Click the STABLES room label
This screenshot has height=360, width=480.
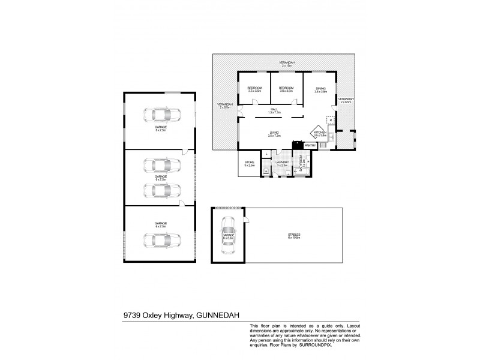click(x=293, y=235)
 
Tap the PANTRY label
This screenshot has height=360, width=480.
click(x=310, y=145)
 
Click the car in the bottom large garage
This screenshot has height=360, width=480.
click(x=160, y=239)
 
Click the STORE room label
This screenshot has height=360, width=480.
click(x=249, y=163)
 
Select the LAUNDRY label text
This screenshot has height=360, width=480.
click(x=282, y=163)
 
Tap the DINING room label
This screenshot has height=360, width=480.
click(x=321, y=89)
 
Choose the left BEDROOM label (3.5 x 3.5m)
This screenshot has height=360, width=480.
click(x=255, y=89)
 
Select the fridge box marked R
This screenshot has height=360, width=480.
click(x=331, y=121)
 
